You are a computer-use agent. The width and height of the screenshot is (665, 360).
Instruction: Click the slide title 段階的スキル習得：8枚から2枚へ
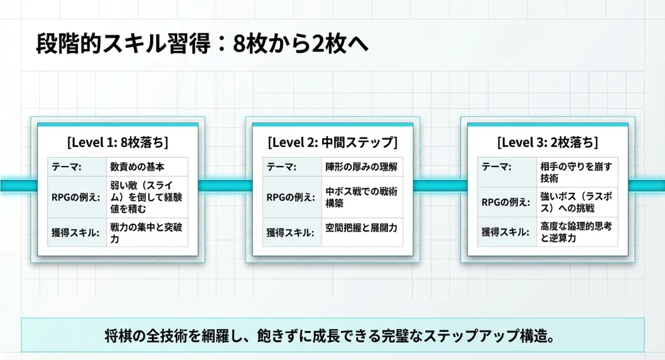[x=202, y=45]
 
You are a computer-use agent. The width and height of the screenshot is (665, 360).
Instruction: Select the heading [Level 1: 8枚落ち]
[x=117, y=142]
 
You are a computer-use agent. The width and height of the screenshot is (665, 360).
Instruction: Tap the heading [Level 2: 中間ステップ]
[x=332, y=142]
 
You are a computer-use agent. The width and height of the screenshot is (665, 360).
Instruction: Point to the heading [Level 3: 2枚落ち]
[x=547, y=142]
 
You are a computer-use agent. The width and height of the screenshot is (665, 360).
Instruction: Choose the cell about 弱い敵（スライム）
[x=146, y=197]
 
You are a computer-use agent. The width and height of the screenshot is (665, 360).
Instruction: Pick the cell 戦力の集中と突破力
[x=146, y=232]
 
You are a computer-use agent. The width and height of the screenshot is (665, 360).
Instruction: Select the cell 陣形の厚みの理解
[x=361, y=166]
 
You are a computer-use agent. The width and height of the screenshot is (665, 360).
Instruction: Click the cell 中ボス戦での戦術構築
[x=361, y=197]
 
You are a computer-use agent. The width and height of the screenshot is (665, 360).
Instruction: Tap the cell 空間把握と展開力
[x=361, y=228]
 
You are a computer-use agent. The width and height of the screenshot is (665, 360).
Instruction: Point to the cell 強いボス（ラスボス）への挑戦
[x=576, y=202]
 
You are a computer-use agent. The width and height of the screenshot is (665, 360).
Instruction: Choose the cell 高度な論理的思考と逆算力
[x=576, y=232]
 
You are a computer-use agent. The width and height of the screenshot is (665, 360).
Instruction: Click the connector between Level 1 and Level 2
[x=225, y=185]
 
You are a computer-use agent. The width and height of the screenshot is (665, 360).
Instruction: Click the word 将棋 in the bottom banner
[x=116, y=335]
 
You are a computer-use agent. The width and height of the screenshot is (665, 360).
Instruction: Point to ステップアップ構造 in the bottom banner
[x=502, y=335]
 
